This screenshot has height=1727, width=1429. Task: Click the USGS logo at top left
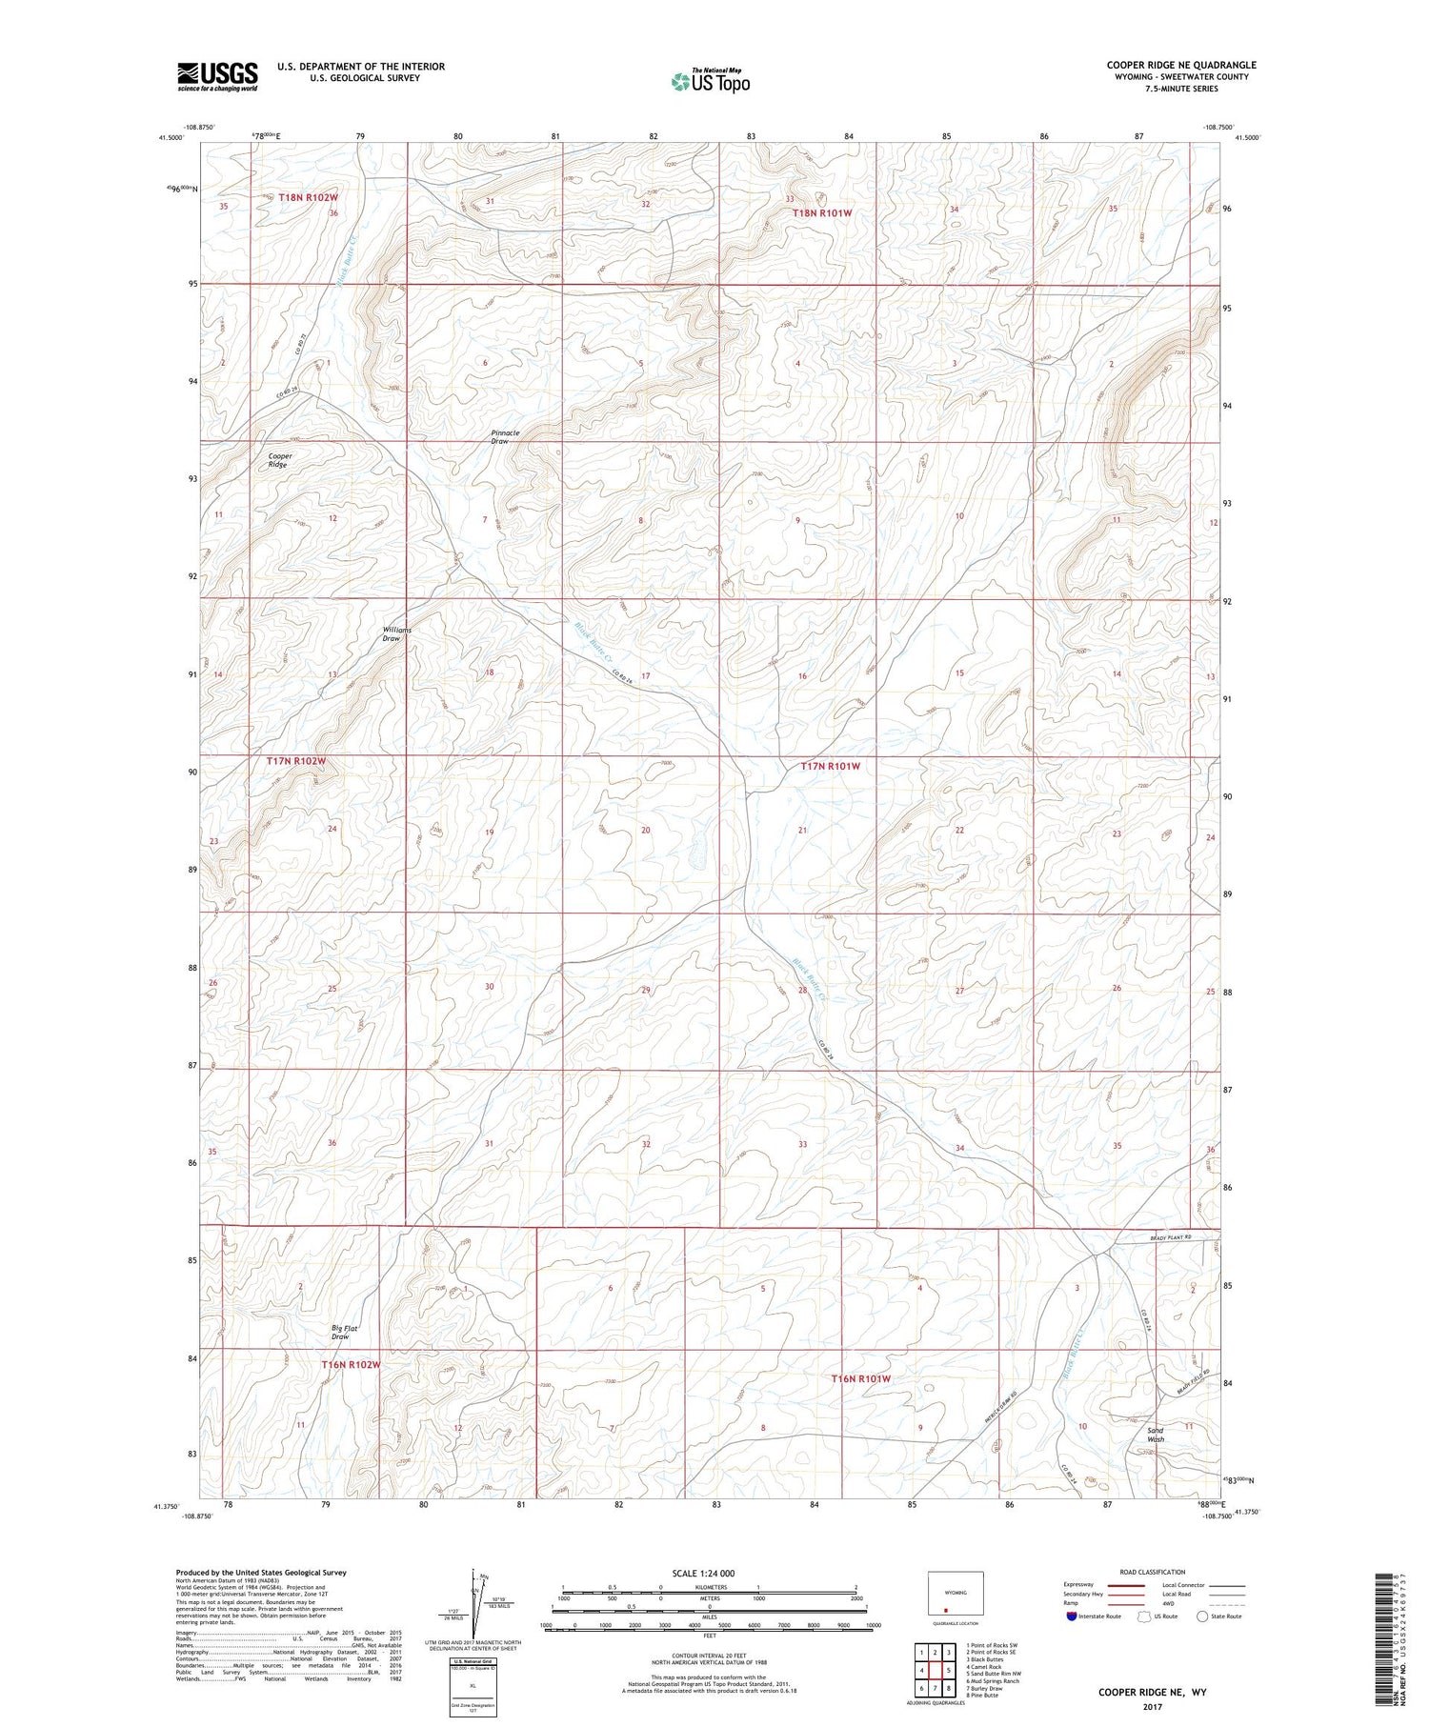(x=217, y=76)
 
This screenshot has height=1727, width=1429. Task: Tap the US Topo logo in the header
(x=710, y=82)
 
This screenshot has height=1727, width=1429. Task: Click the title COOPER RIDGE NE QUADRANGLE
(x=1180, y=65)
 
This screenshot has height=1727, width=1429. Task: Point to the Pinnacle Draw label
(x=505, y=436)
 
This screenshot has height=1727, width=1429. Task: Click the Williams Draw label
(x=396, y=633)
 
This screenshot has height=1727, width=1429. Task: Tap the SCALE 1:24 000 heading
(x=709, y=1573)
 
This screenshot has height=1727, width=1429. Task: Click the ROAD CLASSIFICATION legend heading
(x=1153, y=1572)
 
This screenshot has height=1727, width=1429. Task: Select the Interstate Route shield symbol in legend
(x=1072, y=1616)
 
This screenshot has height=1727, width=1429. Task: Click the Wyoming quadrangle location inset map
(x=955, y=1594)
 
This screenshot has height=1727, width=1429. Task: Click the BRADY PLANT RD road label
(x=1168, y=1238)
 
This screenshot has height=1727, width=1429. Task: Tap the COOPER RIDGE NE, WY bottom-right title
(x=1152, y=1692)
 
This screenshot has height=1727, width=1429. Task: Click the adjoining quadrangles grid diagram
(x=935, y=1669)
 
